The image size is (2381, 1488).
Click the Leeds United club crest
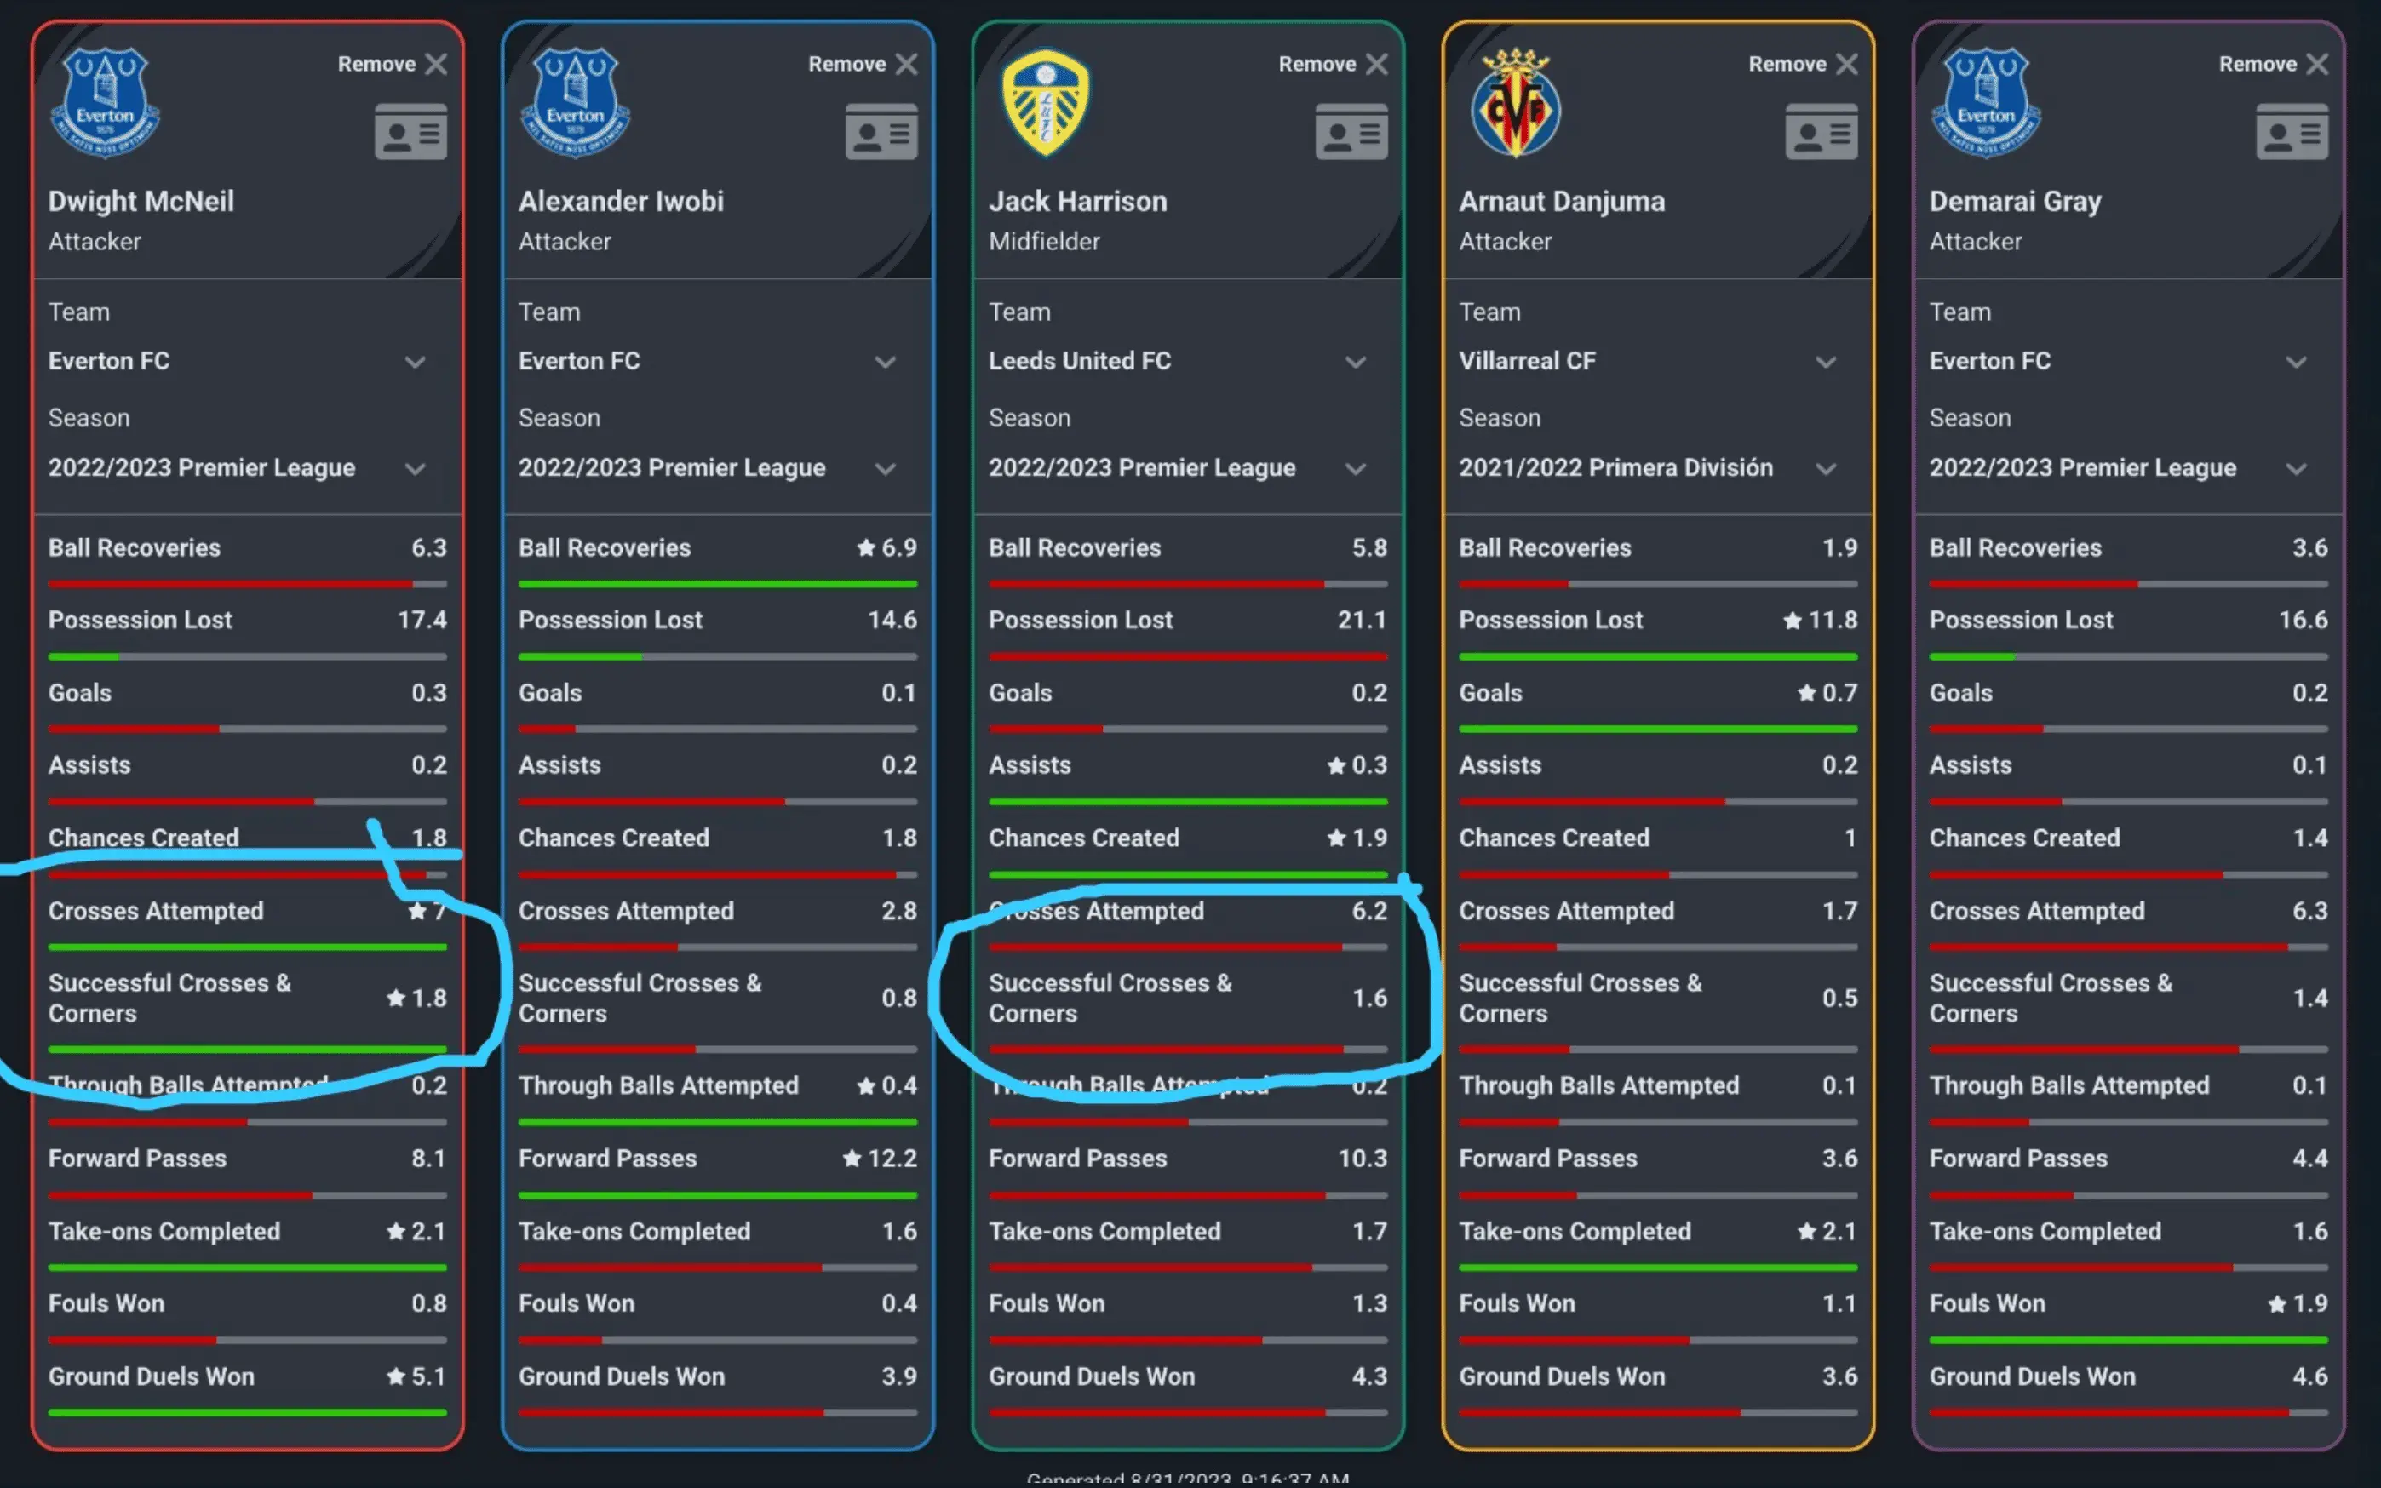click(1046, 102)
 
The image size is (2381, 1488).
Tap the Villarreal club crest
click(1516, 103)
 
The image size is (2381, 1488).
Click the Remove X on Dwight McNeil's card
click(435, 64)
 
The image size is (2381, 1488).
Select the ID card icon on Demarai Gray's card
click(2292, 132)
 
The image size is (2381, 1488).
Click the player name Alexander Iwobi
click(620, 201)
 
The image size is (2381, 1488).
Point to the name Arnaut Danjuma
click(1561, 201)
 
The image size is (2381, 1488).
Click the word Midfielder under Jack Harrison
click(1043, 241)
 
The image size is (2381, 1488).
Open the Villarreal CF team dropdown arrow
click(1826, 362)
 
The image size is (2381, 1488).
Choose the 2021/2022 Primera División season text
click(1615, 467)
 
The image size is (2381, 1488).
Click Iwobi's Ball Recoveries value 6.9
click(898, 548)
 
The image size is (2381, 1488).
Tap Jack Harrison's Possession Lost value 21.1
click(1362, 620)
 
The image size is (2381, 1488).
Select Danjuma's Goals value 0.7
click(1839, 693)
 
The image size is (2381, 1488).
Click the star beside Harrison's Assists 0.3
click(1335, 765)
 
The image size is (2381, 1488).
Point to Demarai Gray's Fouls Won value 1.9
click(2309, 1304)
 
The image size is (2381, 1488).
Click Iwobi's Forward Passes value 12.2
click(892, 1159)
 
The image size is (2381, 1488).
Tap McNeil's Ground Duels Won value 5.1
click(428, 1376)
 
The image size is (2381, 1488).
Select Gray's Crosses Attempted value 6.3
click(2309, 912)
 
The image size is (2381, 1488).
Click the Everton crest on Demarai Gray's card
click(1987, 102)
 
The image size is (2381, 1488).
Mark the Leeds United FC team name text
click(1080, 361)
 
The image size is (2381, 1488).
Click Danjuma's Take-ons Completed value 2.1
click(1839, 1231)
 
